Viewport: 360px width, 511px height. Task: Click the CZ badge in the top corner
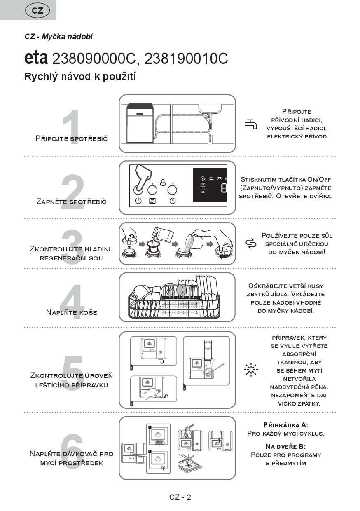point(37,11)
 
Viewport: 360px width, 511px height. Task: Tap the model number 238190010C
point(186,59)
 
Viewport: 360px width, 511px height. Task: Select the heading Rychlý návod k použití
point(80,77)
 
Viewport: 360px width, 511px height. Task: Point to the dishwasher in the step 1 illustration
point(140,123)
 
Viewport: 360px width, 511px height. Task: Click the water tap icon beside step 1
point(250,124)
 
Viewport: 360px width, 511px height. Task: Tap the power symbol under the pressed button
point(138,201)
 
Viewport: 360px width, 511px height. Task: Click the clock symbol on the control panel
point(172,201)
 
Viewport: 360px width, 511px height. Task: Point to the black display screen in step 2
point(210,185)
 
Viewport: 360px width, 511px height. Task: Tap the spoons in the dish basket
point(181,290)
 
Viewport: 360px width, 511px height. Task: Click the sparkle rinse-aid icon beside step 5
point(250,370)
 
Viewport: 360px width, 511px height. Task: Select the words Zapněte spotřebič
point(71,202)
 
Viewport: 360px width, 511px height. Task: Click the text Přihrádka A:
point(285,425)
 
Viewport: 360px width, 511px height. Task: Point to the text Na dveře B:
point(285,446)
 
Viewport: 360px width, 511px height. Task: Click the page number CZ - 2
point(180,497)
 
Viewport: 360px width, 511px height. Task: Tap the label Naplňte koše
point(71,312)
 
